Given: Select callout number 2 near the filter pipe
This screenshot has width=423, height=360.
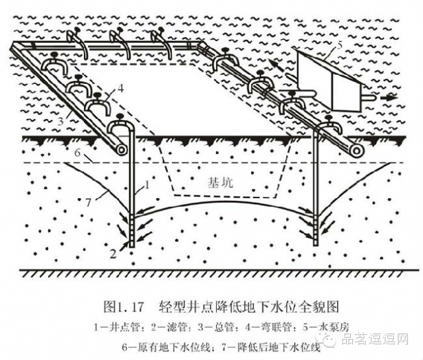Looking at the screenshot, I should tap(114, 251).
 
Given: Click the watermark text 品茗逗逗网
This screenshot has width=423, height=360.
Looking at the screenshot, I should tap(377, 340).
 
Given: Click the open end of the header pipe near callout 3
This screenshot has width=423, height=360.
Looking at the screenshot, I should tap(120, 150).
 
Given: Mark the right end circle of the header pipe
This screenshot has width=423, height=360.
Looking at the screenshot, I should tap(357, 151).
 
